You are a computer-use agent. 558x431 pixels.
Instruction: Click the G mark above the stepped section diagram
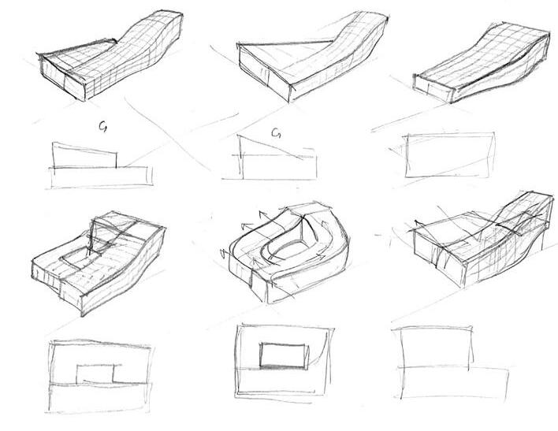click(x=104, y=124)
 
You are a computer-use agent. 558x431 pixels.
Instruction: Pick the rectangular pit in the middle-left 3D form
click(x=81, y=258)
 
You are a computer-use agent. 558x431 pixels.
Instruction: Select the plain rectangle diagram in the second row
click(x=449, y=155)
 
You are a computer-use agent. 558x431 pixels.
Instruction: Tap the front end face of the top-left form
click(x=59, y=81)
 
